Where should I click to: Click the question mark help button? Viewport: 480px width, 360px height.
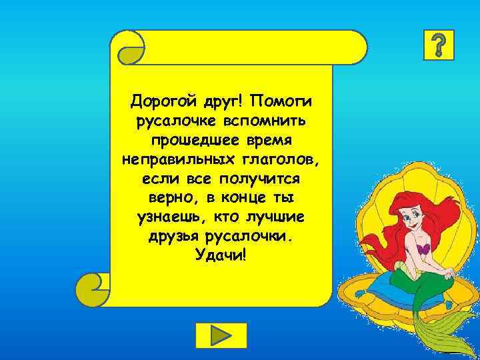(x=439, y=45)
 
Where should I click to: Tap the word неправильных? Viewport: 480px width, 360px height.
(x=175, y=161)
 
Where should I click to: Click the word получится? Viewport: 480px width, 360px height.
(x=261, y=180)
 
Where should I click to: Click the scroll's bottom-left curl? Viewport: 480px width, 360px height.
(x=93, y=287)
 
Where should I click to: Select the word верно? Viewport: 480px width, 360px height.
(x=168, y=199)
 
